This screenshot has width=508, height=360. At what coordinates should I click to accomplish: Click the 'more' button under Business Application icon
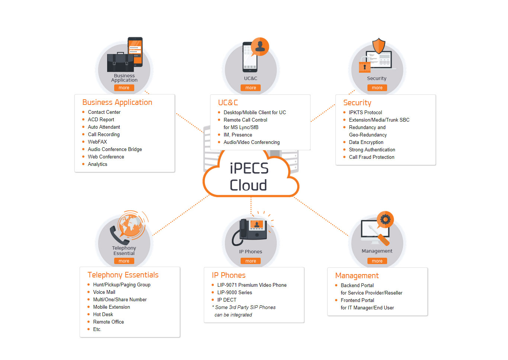pos(124,88)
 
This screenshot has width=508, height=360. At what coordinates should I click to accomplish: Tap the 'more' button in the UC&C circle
pos(251,88)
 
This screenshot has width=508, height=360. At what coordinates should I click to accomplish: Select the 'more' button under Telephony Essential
pos(124,261)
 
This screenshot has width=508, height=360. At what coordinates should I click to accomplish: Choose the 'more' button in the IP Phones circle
pos(251,261)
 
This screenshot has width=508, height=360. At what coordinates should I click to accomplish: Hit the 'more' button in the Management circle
pos(377,261)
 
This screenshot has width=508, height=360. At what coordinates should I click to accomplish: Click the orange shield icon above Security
pos(379,46)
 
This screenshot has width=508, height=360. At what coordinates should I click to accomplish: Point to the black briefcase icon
pos(120,62)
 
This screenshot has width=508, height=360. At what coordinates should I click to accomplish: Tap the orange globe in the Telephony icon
pos(130,224)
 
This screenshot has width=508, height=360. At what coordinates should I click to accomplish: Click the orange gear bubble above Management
pos(385,219)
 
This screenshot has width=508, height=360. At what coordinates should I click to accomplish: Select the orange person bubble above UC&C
pos(260,46)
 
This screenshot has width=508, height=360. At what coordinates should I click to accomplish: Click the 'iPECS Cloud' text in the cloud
pos(249,177)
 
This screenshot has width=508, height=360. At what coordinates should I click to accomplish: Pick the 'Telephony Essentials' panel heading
pos(123,275)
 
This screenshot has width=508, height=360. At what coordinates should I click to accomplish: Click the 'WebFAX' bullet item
pos(97,142)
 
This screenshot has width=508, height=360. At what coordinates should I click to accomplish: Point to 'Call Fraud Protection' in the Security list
pos(372,157)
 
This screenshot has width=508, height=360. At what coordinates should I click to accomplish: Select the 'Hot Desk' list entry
pos(103,314)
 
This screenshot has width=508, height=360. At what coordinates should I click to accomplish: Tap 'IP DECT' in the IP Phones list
pos(227,300)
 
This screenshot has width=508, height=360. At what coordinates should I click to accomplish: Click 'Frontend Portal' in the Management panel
pos(357,300)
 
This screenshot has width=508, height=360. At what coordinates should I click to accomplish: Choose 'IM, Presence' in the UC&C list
pos(238,135)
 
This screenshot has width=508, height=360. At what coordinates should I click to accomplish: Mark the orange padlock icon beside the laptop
pos(364,67)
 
